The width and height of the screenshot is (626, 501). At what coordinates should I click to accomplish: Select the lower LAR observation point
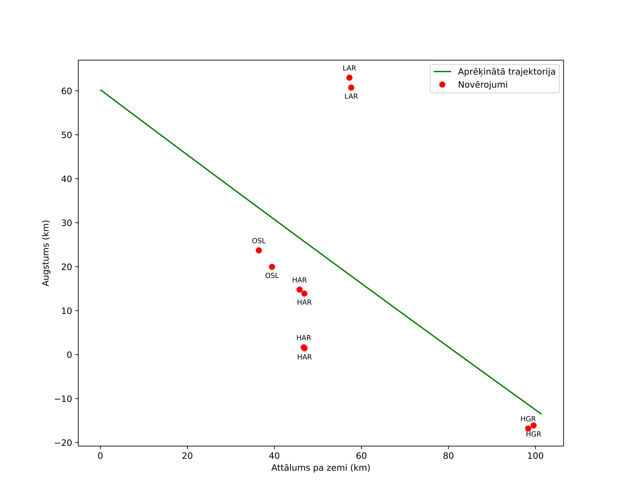coord(351,88)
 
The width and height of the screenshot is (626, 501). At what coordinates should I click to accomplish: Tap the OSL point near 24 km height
coord(259,250)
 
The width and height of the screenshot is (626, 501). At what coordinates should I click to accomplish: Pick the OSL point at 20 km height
coord(272,267)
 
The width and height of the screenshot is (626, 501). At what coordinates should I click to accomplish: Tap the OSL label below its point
coord(272,276)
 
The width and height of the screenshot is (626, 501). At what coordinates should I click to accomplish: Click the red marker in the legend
coord(442,85)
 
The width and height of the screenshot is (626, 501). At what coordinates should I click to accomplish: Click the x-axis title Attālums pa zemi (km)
coord(321,468)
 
